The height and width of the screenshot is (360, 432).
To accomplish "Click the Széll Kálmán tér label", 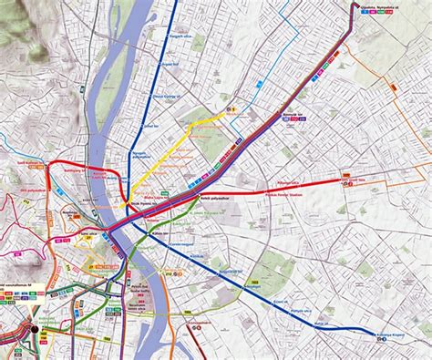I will tap(31, 164).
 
